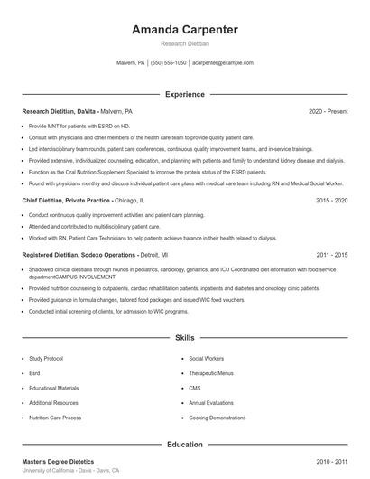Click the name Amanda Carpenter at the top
pos(184,30)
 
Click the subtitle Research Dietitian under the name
pos(184,43)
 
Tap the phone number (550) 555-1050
pos(169,63)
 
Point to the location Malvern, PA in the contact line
pos(131,63)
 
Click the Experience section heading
pos(184,94)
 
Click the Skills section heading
pos(184,338)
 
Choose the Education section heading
pos(184,445)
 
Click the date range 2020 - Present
pos(328,111)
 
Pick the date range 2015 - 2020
pos(331,200)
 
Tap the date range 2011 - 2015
pos(331,255)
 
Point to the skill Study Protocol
pos(46,358)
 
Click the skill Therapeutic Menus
pos(211,373)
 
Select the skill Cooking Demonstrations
pos(217,418)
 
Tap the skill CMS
pos(195,388)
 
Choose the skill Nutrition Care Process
pos(55,418)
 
